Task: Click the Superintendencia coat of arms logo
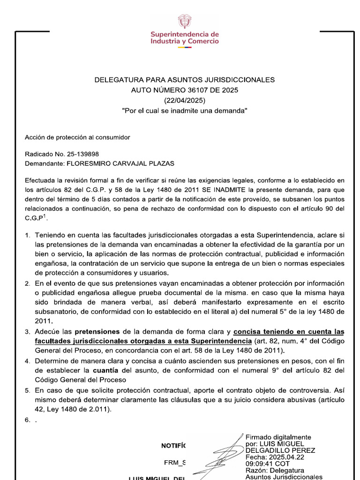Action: coord(184,21)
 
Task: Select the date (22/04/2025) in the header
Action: coord(184,100)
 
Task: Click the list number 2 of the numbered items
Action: coord(28,284)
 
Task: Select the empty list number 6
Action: coord(28,420)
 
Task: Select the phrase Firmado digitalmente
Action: coord(278,437)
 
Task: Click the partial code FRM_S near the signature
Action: coord(174,463)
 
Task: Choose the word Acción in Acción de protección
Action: coord(35,137)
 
